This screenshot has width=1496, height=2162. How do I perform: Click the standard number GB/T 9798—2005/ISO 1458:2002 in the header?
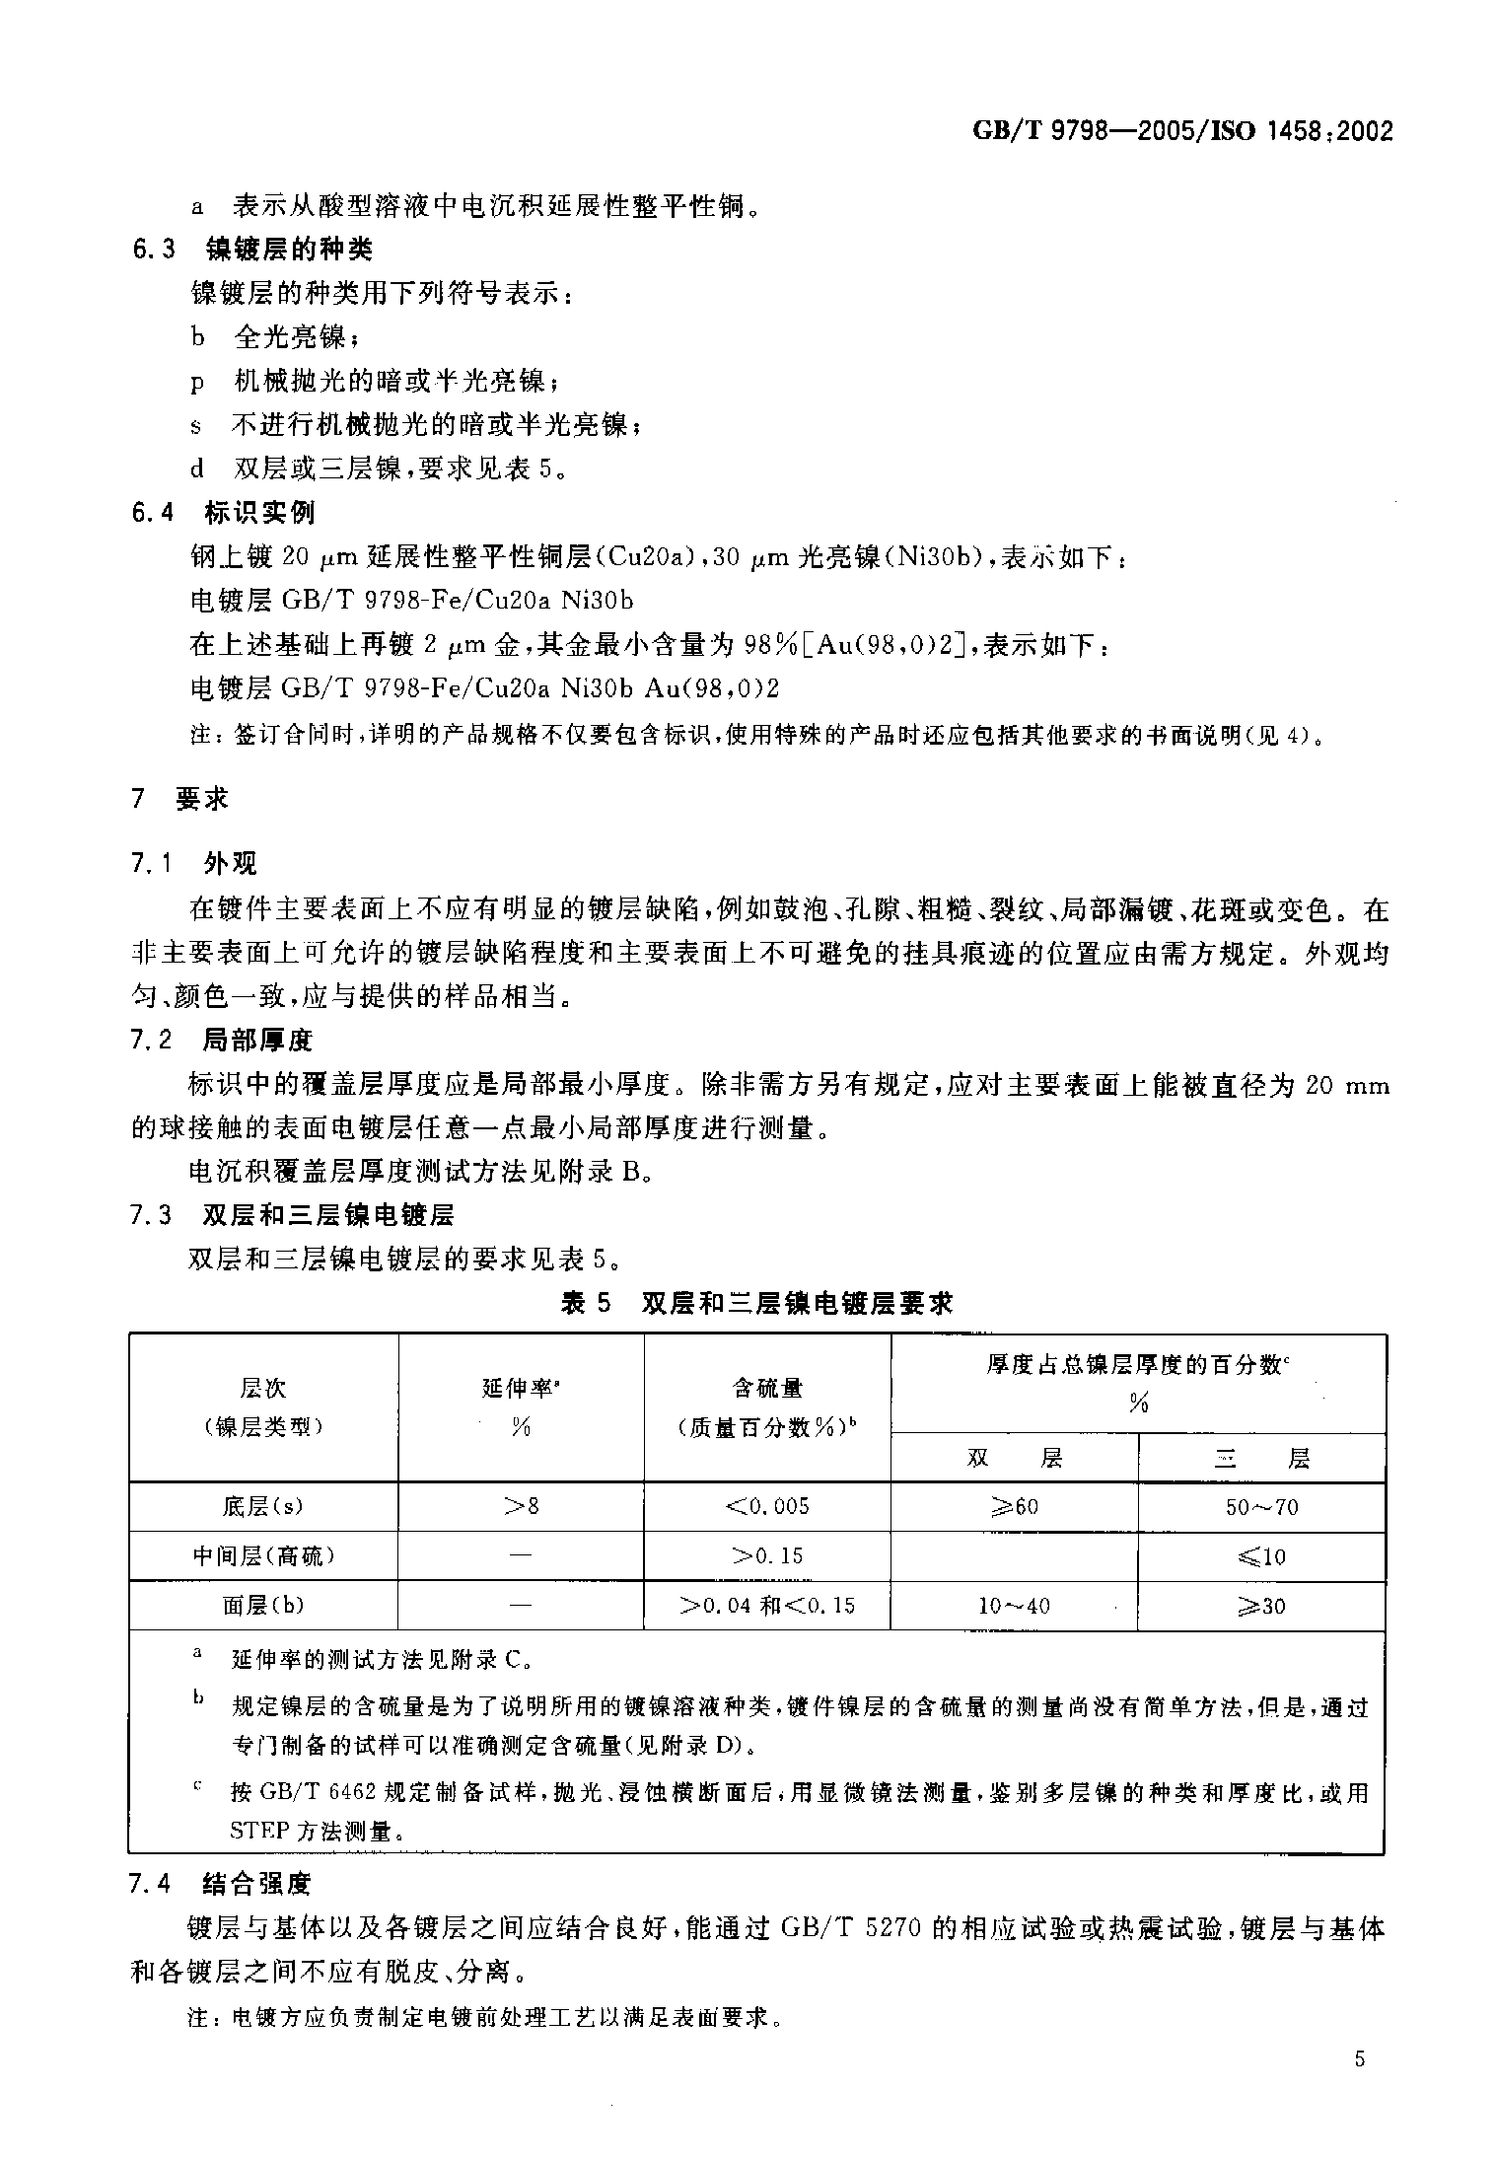(1182, 131)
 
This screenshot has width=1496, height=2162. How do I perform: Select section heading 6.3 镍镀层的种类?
(253, 250)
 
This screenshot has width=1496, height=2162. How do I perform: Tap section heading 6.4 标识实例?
(224, 513)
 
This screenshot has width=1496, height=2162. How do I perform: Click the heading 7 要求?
(179, 799)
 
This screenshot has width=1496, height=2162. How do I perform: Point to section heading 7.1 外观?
(194, 864)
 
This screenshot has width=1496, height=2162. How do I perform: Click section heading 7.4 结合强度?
(222, 1885)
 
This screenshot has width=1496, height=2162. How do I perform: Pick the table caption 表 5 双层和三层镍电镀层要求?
(756, 1304)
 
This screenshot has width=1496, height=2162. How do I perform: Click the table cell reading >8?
(521, 1507)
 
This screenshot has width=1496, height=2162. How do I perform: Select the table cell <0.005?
(766, 1507)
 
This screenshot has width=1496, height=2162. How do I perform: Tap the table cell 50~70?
(1261, 1507)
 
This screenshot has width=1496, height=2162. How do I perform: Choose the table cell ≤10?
(1261, 1557)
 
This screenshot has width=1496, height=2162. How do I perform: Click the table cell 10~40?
(1014, 1607)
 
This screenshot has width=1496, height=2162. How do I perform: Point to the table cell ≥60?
(1014, 1507)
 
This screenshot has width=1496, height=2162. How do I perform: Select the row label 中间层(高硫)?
(263, 1556)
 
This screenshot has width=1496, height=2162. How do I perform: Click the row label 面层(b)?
(263, 1606)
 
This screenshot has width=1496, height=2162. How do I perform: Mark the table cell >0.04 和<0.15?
(766, 1607)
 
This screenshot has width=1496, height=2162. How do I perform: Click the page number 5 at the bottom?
(1360, 2059)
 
